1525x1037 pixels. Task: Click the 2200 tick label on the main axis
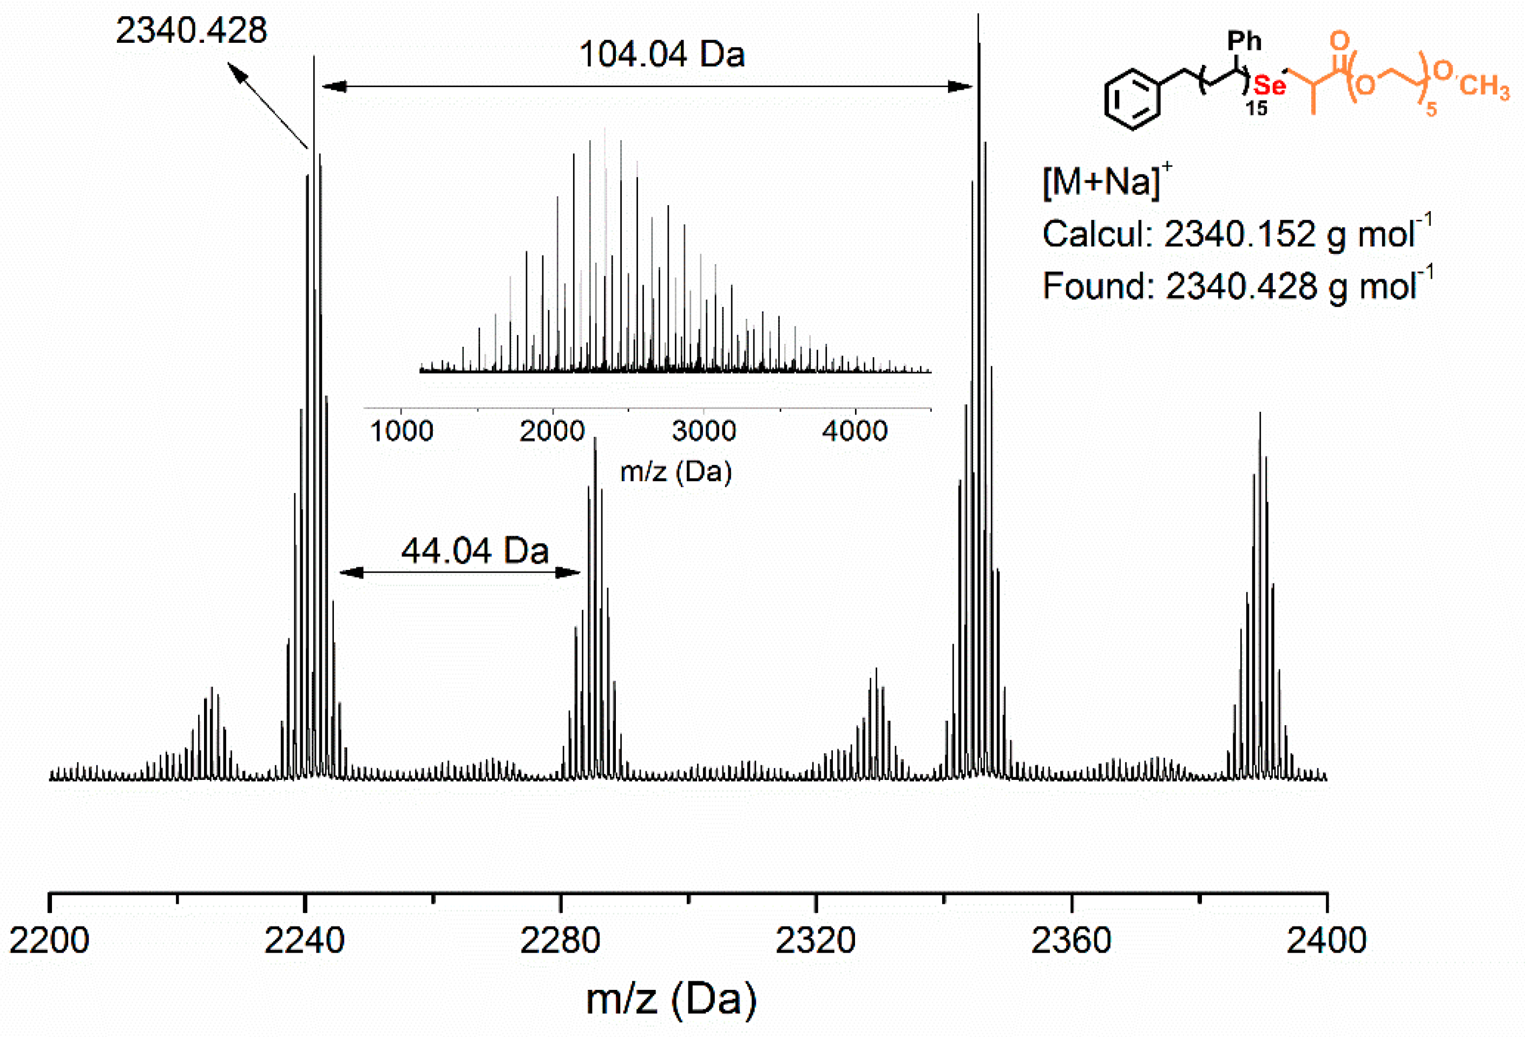(49, 940)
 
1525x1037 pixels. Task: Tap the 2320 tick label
(815, 940)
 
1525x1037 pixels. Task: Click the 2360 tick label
(1071, 940)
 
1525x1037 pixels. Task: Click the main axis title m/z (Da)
(671, 999)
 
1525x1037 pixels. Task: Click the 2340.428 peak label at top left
(191, 30)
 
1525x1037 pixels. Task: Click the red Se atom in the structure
(1269, 86)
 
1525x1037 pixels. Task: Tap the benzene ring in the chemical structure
(1132, 100)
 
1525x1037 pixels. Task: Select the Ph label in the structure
(1244, 41)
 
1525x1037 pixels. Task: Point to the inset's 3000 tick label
(704, 431)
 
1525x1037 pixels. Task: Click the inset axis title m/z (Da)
(675, 471)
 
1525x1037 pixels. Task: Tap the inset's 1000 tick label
(401, 431)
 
